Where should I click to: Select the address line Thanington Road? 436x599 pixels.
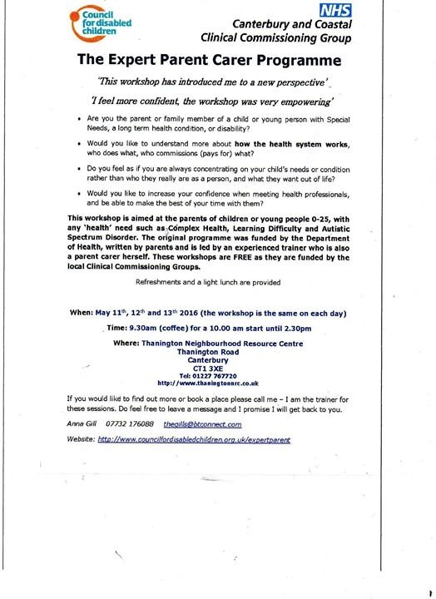[210, 350]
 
